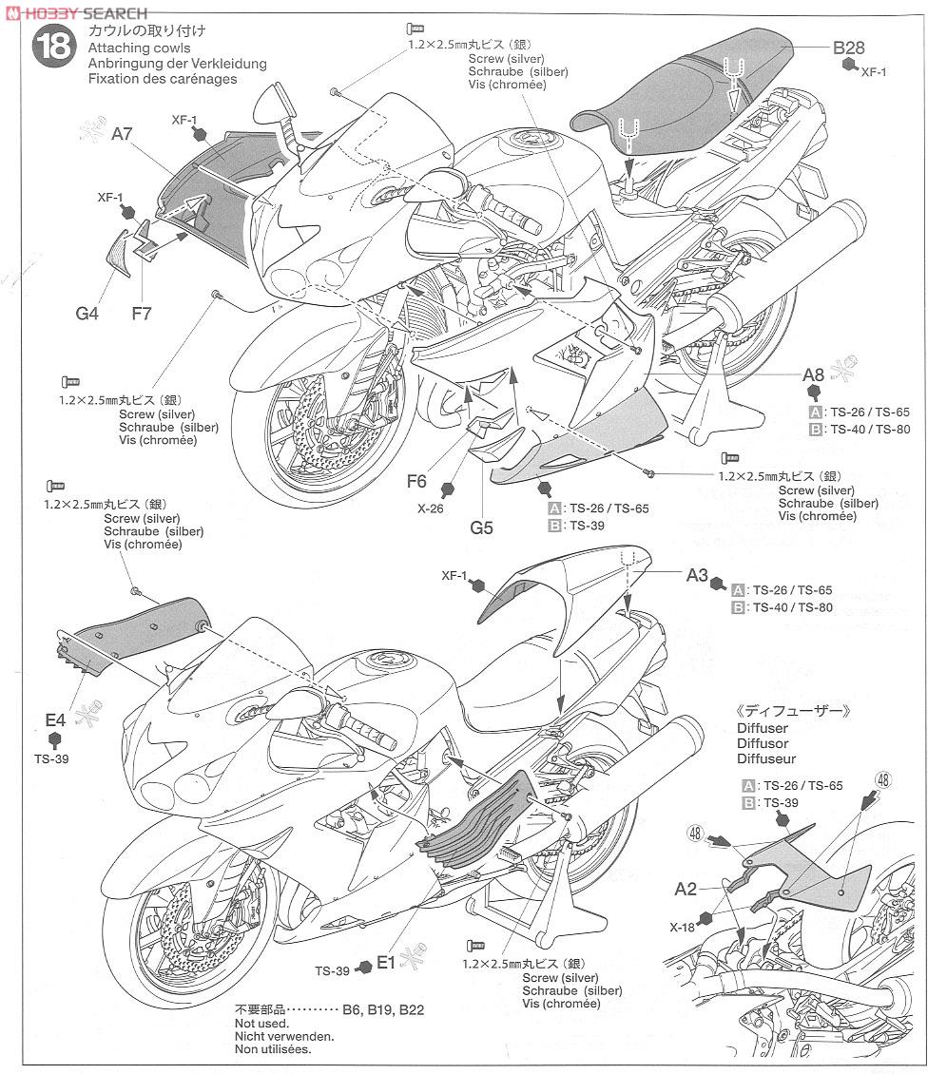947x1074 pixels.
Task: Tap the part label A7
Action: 122,134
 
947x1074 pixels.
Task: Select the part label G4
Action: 87,312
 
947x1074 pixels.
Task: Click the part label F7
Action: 142,312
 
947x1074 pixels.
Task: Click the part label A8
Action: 813,374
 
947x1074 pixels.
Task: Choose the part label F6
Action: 416,481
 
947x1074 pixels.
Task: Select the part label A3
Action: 697,575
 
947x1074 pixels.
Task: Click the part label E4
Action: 55,719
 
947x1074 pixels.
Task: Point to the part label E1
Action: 385,962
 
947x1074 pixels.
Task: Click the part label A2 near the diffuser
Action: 686,889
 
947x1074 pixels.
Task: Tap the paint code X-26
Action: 431,508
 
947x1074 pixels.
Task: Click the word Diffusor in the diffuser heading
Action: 762,743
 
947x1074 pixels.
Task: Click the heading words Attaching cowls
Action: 139,48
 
